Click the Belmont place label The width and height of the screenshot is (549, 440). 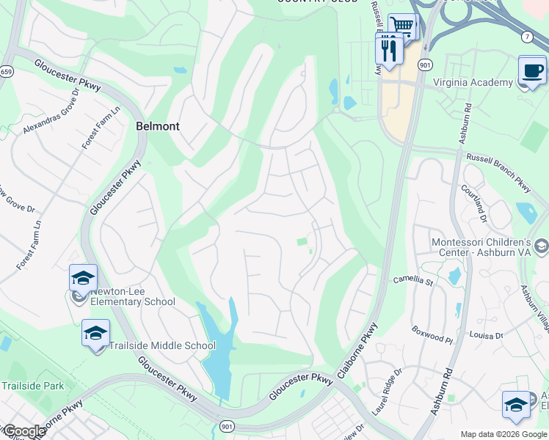(x=157, y=126)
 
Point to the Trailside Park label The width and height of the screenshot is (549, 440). (x=32, y=386)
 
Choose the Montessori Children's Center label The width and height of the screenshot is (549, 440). (x=491, y=247)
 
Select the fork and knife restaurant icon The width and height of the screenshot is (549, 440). (x=388, y=49)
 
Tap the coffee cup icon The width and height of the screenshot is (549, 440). (x=533, y=70)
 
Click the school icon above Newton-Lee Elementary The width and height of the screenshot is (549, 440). (x=83, y=278)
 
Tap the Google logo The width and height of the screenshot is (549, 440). (x=23, y=431)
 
